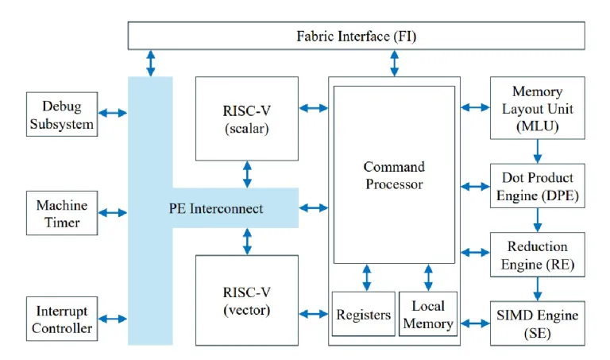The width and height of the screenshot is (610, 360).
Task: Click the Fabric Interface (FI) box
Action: coord(356,36)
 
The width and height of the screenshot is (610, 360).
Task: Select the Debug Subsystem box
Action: coord(62,114)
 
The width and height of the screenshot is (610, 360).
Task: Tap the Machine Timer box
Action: coord(62,213)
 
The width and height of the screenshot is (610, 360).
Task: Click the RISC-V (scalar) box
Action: coord(246,118)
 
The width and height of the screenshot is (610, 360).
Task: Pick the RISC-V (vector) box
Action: coord(246,300)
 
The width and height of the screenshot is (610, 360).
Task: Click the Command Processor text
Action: coord(394,175)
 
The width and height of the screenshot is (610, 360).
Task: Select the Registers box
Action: coord(363,315)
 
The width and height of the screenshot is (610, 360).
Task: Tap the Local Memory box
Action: coord(428,314)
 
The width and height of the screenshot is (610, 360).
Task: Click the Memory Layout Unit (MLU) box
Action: coord(538,108)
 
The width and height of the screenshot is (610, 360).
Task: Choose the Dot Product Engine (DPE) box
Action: coord(538,187)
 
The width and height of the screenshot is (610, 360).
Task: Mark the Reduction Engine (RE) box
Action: coord(538,254)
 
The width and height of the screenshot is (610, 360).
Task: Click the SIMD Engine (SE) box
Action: coord(538,323)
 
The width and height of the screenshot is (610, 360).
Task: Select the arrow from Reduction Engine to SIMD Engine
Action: coord(538,288)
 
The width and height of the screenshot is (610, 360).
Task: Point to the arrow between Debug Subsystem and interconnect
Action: coord(112,113)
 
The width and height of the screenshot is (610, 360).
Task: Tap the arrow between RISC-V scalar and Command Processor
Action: coord(315,107)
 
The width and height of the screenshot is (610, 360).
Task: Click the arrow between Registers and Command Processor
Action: coord(366,277)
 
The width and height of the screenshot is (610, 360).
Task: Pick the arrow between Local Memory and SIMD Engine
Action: coord(475,323)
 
